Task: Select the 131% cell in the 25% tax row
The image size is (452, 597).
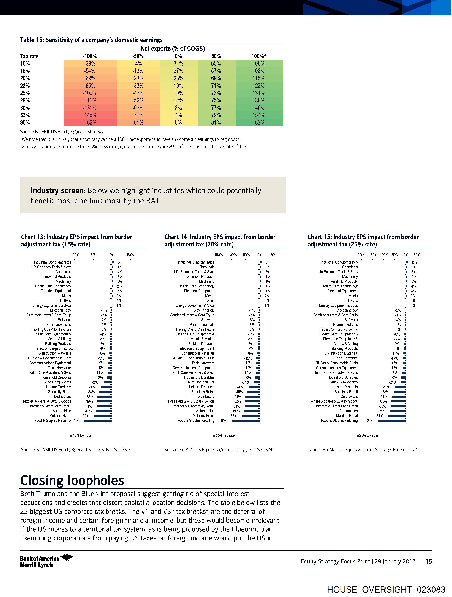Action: [x=258, y=93]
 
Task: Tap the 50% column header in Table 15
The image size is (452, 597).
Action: [x=216, y=56]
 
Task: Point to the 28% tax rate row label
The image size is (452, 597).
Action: [x=25, y=100]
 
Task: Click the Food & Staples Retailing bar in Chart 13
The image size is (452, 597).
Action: [x=98, y=421]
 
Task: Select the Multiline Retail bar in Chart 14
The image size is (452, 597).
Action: [x=251, y=416]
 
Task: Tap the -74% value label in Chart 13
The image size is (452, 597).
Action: [x=76, y=421]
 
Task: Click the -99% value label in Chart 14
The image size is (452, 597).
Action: [x=224, y=421]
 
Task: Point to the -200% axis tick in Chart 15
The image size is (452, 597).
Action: [x=361, y=255]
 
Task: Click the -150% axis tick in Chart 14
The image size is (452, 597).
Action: [x=218, y=255]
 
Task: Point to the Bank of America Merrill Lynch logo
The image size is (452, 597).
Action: [x=46, y=561]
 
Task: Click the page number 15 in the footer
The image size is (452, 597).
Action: [x=429, y=562]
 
